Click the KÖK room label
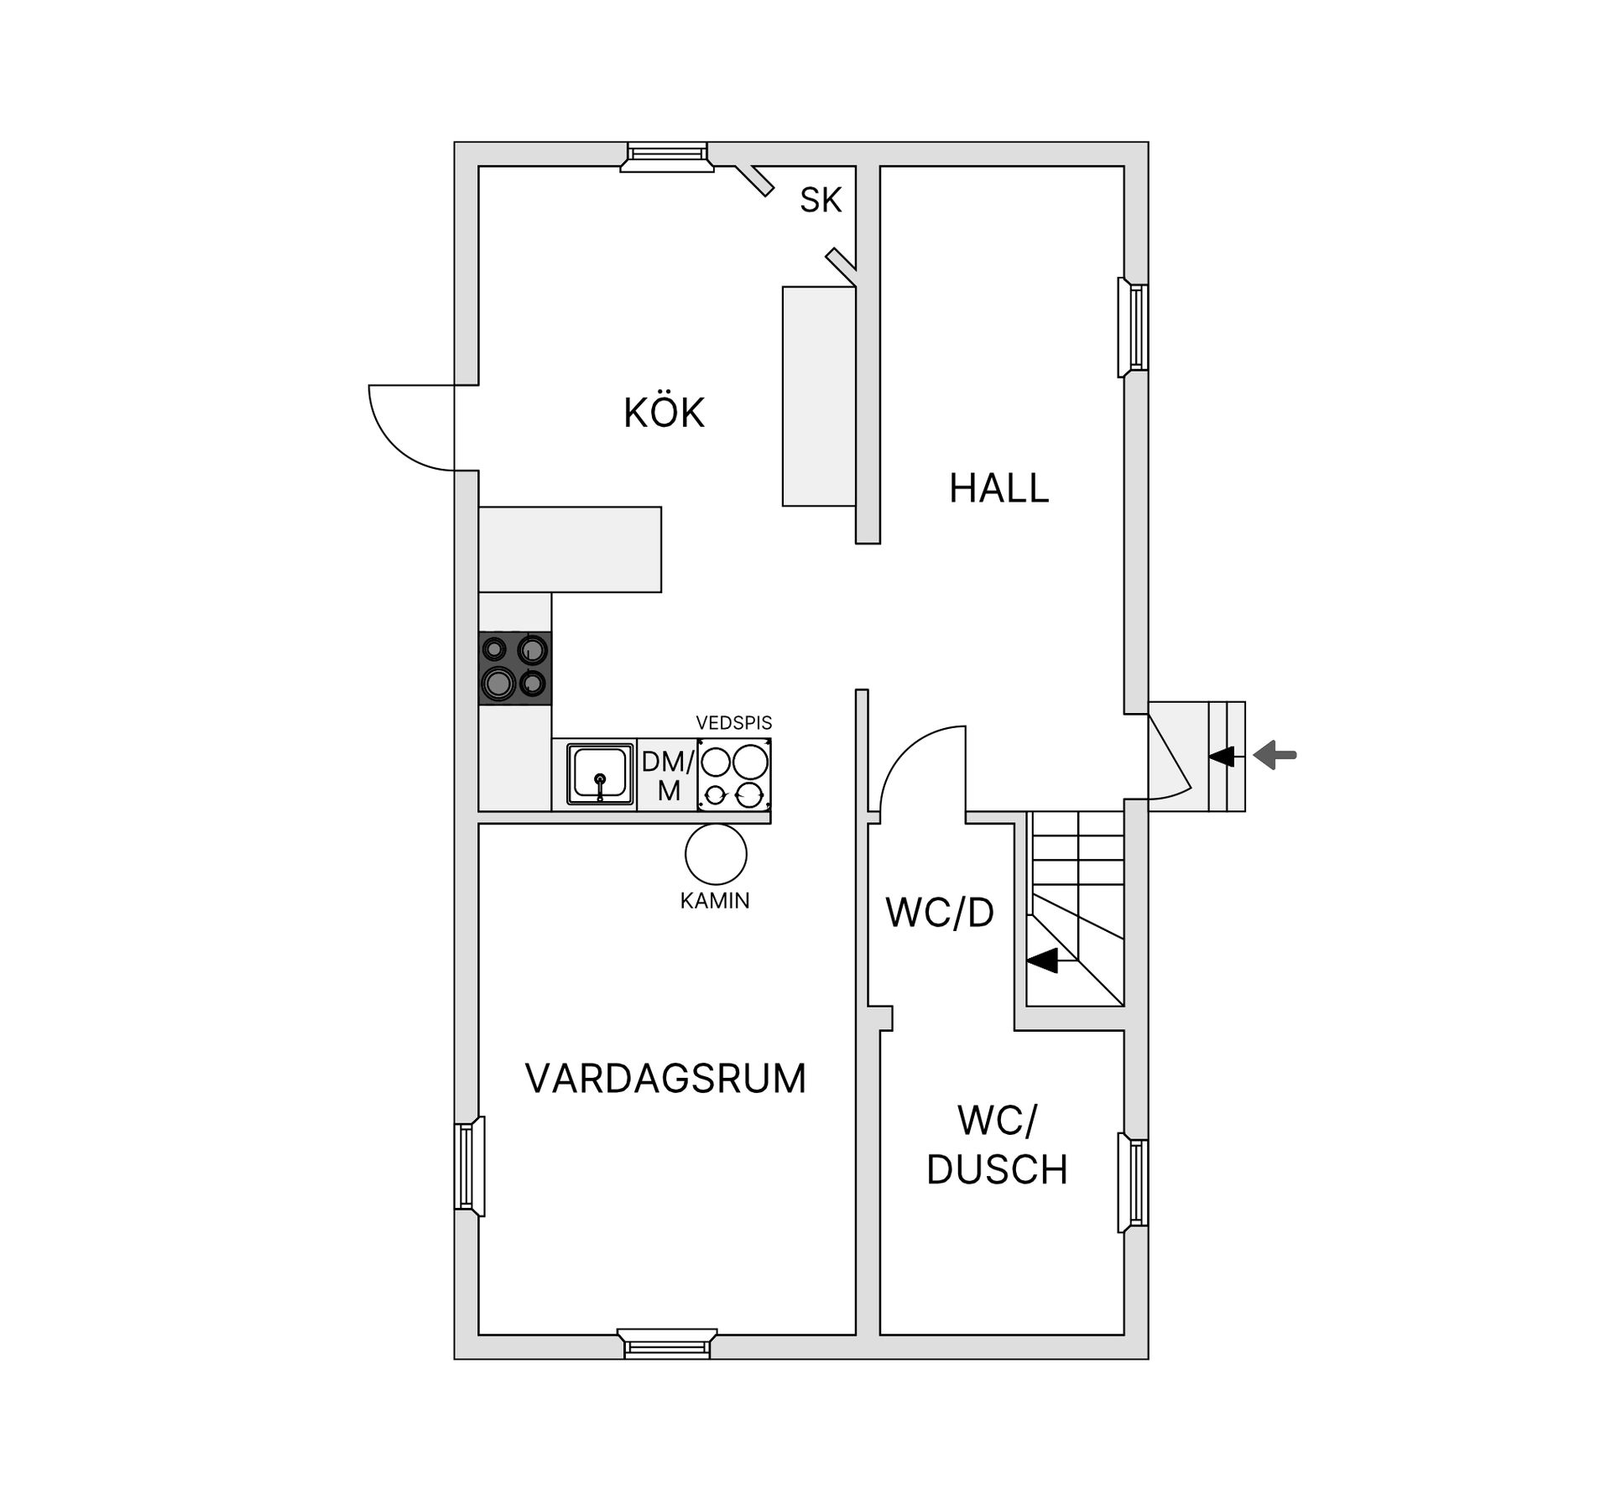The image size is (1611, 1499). (664, 412)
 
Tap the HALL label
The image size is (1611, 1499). (998, 488)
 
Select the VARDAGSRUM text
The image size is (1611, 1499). (665, 1079)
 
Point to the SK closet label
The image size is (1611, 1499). (821, 200)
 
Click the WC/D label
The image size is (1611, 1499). (940, 913)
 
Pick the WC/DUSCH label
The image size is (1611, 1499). (997, 1145)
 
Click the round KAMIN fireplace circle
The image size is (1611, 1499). (716, 854)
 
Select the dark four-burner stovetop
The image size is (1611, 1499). (515, 668)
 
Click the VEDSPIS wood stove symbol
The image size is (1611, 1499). (734, 774)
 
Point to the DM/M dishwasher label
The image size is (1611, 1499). (669, 776)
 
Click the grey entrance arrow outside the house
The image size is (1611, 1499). (1275, 755)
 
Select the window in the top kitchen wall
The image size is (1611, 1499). (666, 156)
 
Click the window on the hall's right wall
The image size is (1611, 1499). (1133, 327)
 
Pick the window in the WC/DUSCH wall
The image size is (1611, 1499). (1133, 1183)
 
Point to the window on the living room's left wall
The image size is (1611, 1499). (470, 1166)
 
